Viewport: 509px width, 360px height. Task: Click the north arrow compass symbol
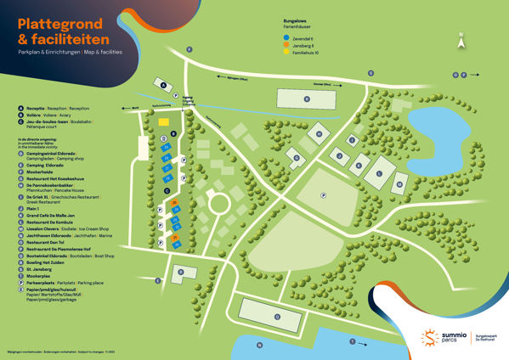click(461, 37)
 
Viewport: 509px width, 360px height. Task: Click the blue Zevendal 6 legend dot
click(286, 39)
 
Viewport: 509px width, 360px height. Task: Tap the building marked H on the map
click(319, 134)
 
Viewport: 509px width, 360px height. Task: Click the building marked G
click(295, 156)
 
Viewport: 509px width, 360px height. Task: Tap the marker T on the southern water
click(353, 340)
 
